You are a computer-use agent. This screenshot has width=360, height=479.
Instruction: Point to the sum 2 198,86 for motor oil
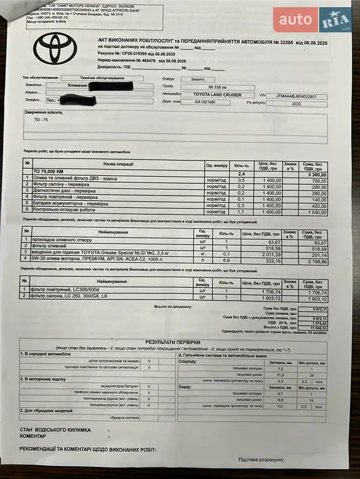pyautogui.click(x=315, y=261)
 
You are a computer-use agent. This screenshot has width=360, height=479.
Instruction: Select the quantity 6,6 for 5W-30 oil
pyautogui.click(x=227, y=261)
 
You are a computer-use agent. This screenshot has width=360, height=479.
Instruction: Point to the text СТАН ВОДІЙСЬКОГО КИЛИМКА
pyautogui.click(x=55, y=430)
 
